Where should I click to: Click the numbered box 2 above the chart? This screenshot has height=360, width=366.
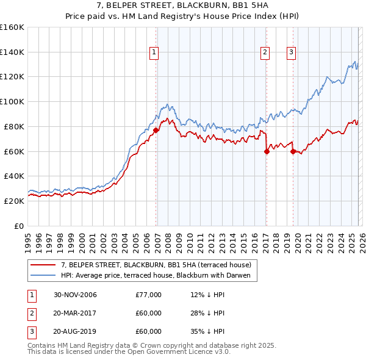pos(265,53)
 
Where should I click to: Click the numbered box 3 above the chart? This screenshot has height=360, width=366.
pos(292,53)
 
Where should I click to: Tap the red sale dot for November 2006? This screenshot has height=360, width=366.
pos(156,130)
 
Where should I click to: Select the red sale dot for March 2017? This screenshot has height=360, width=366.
pos(267,151)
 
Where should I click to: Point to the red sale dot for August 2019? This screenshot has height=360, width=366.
pos(293,151)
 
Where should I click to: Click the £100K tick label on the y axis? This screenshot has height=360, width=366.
pos(12,101)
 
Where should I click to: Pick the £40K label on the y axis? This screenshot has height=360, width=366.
pos(14,176)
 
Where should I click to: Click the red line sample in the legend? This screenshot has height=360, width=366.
pos(43,265)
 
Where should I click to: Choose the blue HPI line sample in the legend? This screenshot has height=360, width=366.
pos(43,275)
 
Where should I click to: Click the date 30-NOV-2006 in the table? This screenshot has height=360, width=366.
pos(75,295)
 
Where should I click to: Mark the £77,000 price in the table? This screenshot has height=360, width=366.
pos(149,295)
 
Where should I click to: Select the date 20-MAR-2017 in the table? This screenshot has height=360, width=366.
pos(75,313)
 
